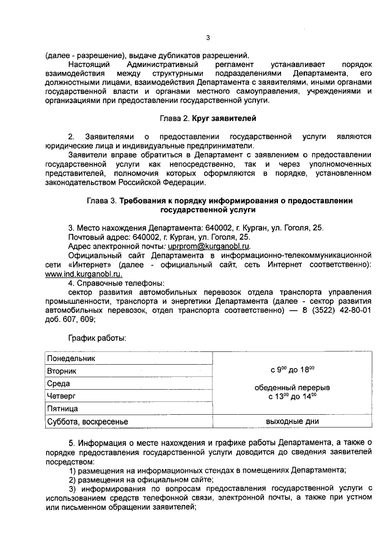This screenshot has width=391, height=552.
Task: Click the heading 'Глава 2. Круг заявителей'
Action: tap(204, 117)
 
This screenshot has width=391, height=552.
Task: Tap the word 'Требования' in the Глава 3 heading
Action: tap(145, 201)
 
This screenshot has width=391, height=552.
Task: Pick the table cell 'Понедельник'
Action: tap(71, 359)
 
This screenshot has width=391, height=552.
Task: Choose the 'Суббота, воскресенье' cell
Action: tap(87, 421)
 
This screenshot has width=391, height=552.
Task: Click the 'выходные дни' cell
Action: tap(291, 421)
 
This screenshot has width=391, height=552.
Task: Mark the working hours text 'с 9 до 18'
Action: tap(291, 370)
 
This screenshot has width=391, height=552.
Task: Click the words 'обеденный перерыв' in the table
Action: tap(291, 387)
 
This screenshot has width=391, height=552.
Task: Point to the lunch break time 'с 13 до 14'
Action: tap(291, 396)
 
